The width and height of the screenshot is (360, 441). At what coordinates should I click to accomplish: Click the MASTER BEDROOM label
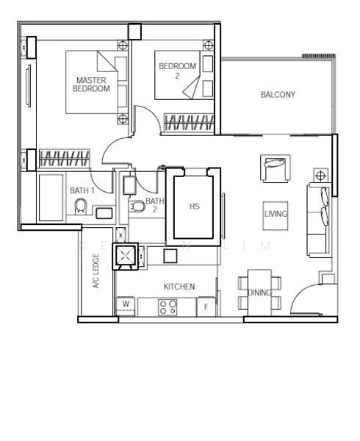click(90, 84)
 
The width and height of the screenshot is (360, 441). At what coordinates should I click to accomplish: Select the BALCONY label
click(278, 95)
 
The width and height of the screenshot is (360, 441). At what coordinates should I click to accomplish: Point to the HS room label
click(194, 207)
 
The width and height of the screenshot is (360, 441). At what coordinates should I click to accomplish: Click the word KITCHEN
click(179, 286)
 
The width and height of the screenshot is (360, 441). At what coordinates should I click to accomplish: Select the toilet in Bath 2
click(137, 207)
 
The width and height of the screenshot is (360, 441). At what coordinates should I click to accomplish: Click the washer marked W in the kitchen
click(126, 304)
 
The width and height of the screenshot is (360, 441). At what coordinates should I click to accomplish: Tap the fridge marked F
click(207, 305)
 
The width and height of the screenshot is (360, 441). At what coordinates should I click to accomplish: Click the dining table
click(259, 290)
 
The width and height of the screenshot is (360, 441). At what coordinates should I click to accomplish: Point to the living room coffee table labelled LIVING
click(276, 214)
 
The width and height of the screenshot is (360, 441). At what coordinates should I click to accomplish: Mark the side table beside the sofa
click(321, 175)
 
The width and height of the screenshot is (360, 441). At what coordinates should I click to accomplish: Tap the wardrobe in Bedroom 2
click(188, 122)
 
